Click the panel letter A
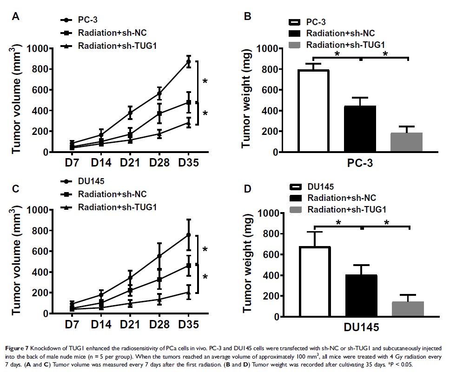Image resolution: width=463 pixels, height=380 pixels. coord(16,17)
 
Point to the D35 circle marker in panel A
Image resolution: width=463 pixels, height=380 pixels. coord(188,61)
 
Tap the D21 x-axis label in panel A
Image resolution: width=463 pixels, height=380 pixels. coord(130,163)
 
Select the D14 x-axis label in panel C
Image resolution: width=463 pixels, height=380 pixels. coord(101,325)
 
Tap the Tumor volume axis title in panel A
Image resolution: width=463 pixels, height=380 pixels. coord(18,100)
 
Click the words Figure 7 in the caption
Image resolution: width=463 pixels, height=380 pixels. coord(20,347)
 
